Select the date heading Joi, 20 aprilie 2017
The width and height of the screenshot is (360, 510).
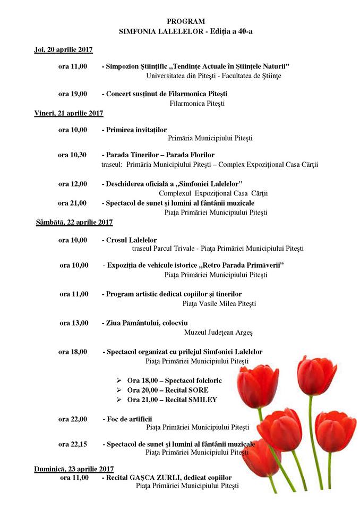61,49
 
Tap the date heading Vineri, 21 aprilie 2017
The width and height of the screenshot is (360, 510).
66,113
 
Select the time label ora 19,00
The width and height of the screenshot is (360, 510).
73,94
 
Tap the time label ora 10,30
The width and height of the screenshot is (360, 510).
73,155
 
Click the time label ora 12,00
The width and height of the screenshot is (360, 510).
73,184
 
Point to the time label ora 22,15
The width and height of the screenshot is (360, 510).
73,444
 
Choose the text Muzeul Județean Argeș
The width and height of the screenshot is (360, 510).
218,333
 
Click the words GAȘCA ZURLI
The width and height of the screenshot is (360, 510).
155,478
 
